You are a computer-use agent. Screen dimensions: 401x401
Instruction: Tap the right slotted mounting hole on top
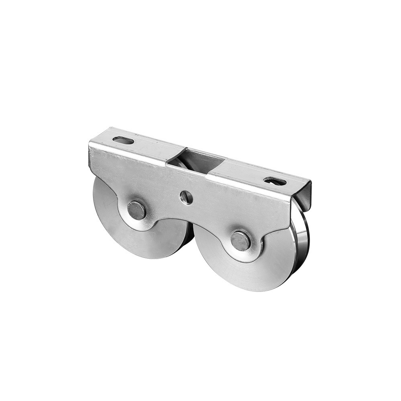tap(275, 181)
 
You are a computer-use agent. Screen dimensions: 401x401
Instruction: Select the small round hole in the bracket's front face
tap(186, 197)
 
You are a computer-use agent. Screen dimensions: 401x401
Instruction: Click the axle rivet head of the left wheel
tap(136, 210)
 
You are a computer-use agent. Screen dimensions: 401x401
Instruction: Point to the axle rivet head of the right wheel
tap(241, 241)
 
